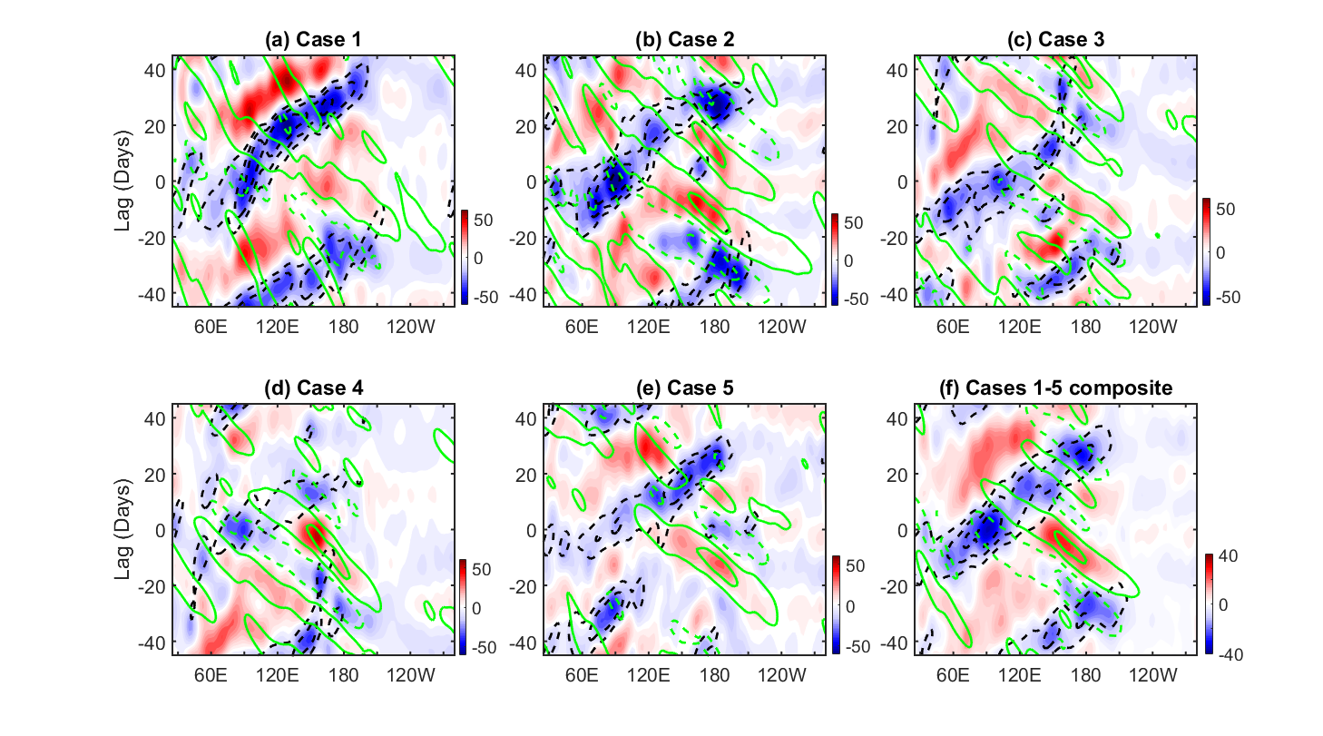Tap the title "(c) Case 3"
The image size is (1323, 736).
1056,40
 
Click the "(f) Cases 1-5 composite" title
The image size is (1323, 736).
1056,388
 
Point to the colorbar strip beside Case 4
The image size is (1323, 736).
464,605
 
